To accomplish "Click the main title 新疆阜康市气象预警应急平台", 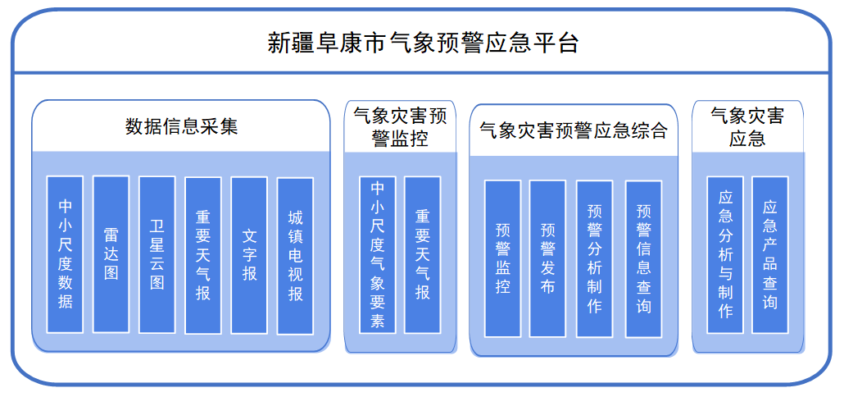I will (423, 42).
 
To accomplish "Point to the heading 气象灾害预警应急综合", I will (574, 130).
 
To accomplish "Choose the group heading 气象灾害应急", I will (747, 126).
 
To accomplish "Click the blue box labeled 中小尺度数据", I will (65, 254).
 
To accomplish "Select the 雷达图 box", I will (111, 254).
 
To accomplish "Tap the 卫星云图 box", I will (157, 254).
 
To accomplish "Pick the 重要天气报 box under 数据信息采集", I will (203, 254).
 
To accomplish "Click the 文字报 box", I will (249, 254).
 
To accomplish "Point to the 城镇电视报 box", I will (295, 254).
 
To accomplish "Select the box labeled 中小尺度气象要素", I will (378, 254).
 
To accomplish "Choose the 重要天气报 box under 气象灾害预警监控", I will (423, 254).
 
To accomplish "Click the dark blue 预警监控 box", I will (502, 258).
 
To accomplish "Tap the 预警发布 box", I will (547, 258).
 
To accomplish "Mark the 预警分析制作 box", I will (594, 258).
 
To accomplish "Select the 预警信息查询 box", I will (643, 258).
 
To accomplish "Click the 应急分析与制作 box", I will (725, 254).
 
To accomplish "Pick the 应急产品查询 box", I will (770, 254).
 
